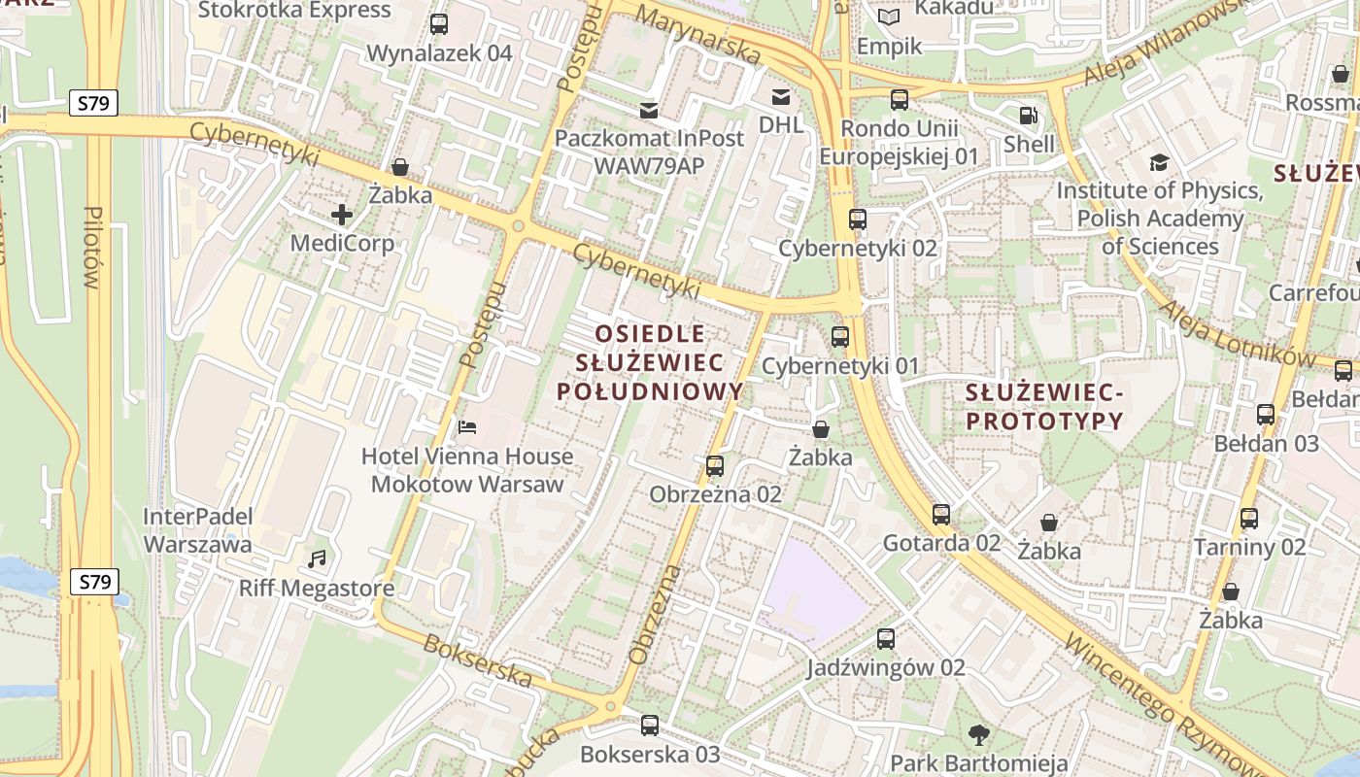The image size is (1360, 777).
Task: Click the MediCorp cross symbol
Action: pyautogui.click(x=341, y=215)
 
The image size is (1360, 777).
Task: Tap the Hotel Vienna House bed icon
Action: pyautogui.click(x=467, y=426)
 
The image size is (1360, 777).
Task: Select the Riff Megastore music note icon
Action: pyautogui.click(x=317, y=558)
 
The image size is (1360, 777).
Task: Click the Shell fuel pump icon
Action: pyautogui.click(x=1028, y=116)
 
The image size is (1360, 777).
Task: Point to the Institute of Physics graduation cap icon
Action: pyautogui.click(x=1159, y=162)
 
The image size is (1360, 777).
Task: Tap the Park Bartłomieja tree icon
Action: pyautogui.click(x=979, y=734)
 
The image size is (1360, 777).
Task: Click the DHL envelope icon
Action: pyautogui.click(x=781, y=96)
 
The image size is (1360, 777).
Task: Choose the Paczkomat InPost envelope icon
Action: pyautogui.click(x=649, y=110)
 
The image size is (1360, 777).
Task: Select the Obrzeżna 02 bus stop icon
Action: pyautogui.click(x=715, y=466)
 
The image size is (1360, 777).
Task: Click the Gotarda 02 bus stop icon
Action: pyautogui.click(x=940, y=515)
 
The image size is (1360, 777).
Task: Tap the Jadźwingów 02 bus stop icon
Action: pyautogui.click(x=886, y=639)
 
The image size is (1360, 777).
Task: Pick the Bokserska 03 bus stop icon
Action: pyautogui.click(x=650, y=726)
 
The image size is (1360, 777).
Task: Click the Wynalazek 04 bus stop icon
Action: pyautogui.click(x=439, y=24)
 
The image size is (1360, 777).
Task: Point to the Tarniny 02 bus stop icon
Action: pyautogui.click(x=1249, y=519)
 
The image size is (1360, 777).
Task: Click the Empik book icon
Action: pyautogui.click(x=888, y=17)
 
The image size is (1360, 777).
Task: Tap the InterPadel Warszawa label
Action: pyautogui.click(x=198, y=530)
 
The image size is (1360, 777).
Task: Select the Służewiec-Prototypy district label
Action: pyautogui.click(x=1044, y=407)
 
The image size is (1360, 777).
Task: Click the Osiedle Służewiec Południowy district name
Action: pyautogui.click(x=650, y=362)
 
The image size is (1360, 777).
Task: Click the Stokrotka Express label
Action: pyautogui.click(x=294, y=11)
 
